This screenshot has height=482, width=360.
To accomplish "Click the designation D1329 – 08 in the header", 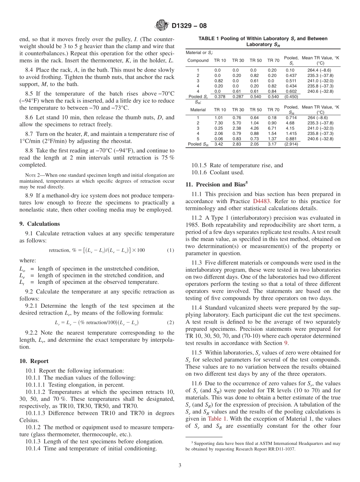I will coord(189,26).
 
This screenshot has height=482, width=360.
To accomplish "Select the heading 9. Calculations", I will coord(39,224).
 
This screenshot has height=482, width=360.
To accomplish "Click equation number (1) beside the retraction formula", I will coord(170,250).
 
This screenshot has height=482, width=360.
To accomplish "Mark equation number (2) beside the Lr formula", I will coord(170,322).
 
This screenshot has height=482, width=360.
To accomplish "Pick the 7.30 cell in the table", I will coord(218,123).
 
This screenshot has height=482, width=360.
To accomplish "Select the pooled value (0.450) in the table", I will coord(291,97).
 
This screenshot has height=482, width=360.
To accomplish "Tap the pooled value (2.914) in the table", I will coord(291,144).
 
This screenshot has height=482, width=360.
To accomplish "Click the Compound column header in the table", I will coord(198,60).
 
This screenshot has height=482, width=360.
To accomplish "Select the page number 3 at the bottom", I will coord(180,465).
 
